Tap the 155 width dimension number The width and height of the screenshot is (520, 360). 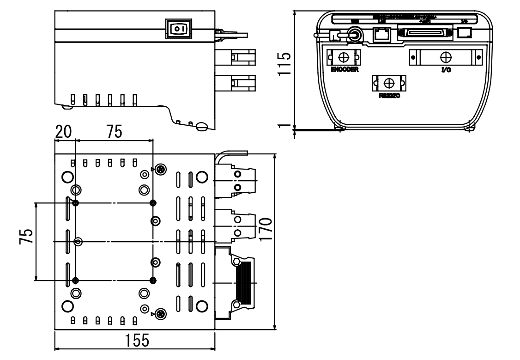point(137,341)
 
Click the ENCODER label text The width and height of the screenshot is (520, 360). point(344,70)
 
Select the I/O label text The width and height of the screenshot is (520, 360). point(447,70)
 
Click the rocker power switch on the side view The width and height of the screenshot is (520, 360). point(178,29)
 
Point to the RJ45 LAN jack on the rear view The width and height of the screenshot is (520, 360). point(382,34)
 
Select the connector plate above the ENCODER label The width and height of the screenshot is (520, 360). point(344,57)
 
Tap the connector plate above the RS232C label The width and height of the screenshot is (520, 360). point(389,83)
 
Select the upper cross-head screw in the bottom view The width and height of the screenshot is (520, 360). point(160,170)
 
